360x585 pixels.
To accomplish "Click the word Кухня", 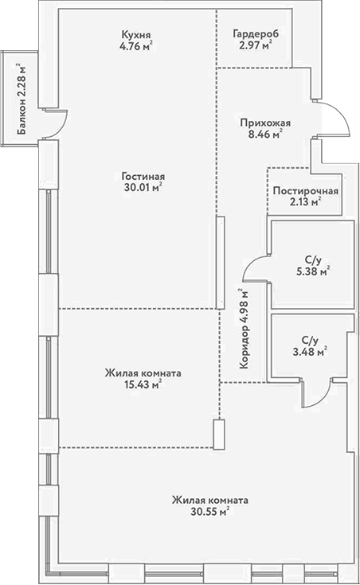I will [137, 35].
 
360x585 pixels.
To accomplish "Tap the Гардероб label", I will [254, 35].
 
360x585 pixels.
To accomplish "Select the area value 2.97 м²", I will [254, 47].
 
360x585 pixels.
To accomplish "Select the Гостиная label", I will [143, 176].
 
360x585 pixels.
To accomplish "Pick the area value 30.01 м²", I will [143, 189].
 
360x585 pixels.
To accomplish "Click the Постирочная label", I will [305, 191].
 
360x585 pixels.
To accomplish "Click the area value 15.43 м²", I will [143, 384].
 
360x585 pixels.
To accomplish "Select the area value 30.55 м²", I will [209, 513].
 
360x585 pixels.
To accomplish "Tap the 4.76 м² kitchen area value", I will [137, 47].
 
